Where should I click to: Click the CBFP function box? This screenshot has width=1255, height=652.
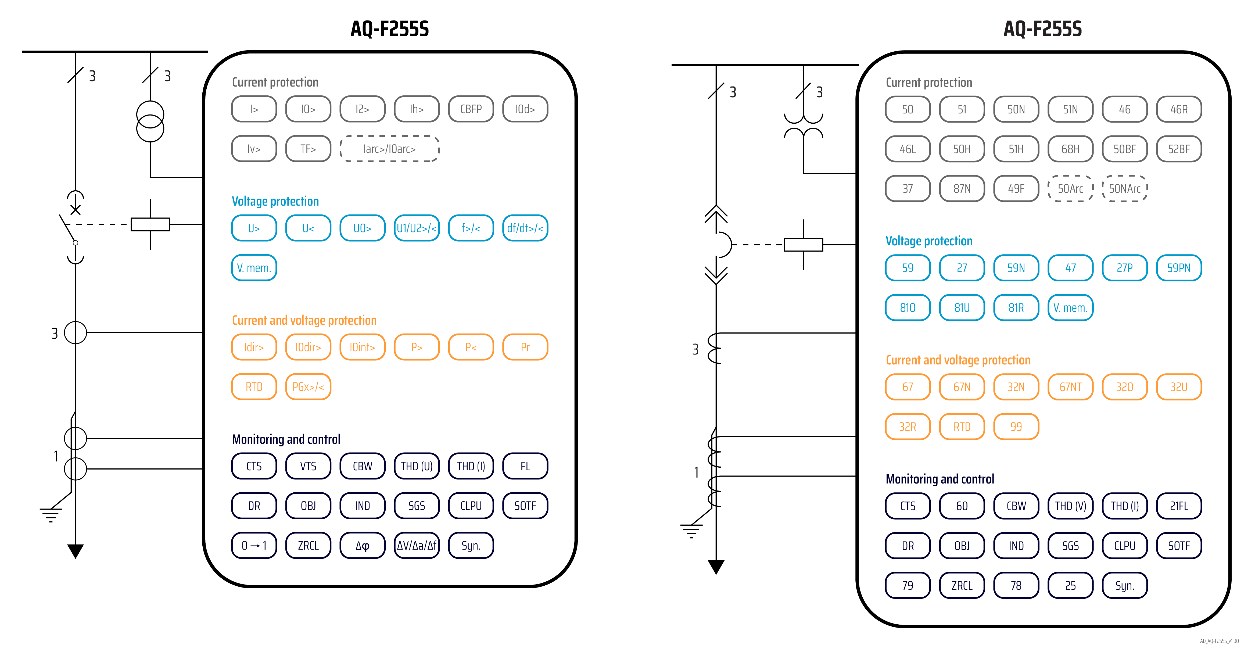click(471, 109)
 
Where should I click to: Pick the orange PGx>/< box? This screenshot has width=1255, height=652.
click(308, 387)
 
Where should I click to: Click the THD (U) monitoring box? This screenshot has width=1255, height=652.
click(417, 466)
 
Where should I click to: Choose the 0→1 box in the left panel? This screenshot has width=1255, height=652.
click(254, 545)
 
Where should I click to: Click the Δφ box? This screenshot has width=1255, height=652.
click(363, 545)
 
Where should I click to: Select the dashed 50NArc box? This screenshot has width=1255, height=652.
click(1124, 189)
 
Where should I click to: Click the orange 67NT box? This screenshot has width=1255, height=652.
click(1070, 387)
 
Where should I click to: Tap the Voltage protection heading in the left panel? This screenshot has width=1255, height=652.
click(275, 201)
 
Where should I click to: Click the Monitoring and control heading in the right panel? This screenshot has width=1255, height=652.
click(940, 479)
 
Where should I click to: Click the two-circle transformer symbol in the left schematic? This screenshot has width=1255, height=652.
click(150, 121)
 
